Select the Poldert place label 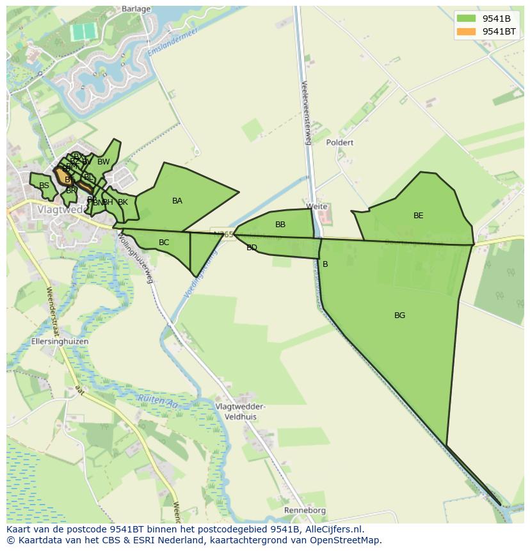pos(339,143)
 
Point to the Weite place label pos(317,206)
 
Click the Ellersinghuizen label pos(60,342)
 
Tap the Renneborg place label pos(305,511)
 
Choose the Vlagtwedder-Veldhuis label pos(240,411)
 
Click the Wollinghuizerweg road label pos(136,258)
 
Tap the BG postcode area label pos(399,315)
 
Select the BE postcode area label pos(418,216)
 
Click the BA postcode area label pos(177,201)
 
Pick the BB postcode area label pos(280,225)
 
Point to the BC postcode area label pos(164,243)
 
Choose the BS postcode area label pos(44,186)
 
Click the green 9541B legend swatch pos(467,19)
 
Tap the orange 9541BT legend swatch pos(467,31)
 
